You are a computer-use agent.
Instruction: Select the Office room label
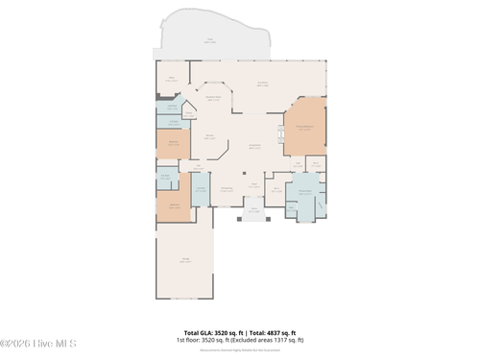173,80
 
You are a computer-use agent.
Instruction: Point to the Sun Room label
262,84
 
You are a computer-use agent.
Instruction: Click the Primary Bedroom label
303,129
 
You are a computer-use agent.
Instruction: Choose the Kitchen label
210,137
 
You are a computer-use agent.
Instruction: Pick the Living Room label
255,147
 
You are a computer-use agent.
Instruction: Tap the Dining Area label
227,189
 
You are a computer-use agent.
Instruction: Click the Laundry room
201,189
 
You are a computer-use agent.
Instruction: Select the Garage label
184,259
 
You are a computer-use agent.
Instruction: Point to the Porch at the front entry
254,210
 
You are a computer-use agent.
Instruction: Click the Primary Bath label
305,192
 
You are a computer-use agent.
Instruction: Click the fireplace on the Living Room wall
281,134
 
